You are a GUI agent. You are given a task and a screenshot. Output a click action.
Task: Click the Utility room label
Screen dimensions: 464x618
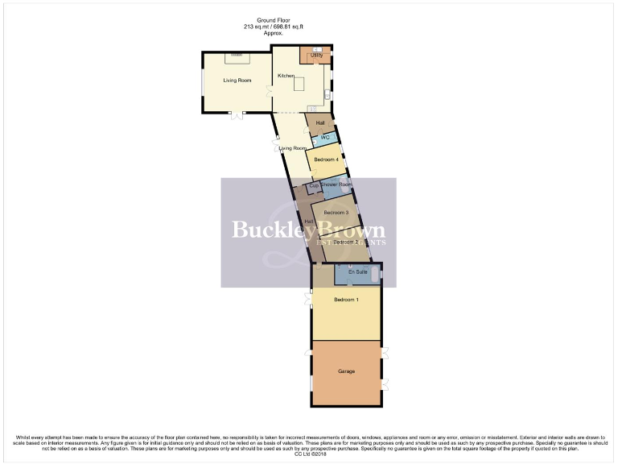click(316, 55)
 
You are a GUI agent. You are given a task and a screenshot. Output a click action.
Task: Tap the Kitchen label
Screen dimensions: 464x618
click(286, 76)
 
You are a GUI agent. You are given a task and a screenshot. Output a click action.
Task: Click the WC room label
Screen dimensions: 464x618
click(325, 138)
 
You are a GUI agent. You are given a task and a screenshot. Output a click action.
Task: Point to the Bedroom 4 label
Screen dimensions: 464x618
click(326, 159)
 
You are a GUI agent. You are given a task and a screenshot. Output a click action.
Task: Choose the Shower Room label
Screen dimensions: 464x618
click(336, 184)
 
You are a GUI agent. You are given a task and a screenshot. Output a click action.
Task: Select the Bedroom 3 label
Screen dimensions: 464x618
click(336, 212)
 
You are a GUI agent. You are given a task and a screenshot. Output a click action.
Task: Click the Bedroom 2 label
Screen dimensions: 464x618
click(345, 242)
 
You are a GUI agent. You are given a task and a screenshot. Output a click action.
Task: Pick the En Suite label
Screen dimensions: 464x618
click(356, 272)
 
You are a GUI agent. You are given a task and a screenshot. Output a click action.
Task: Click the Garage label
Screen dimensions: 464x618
click(347, 371)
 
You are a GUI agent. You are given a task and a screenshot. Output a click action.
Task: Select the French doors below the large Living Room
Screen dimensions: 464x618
click(237, 116)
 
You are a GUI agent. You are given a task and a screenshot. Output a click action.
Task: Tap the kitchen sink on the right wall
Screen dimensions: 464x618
click(327, 96)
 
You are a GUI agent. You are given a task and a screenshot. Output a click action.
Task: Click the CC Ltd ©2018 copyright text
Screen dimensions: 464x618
click(308, 454)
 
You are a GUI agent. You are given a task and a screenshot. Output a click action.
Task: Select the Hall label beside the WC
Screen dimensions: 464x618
click(320, 122)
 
